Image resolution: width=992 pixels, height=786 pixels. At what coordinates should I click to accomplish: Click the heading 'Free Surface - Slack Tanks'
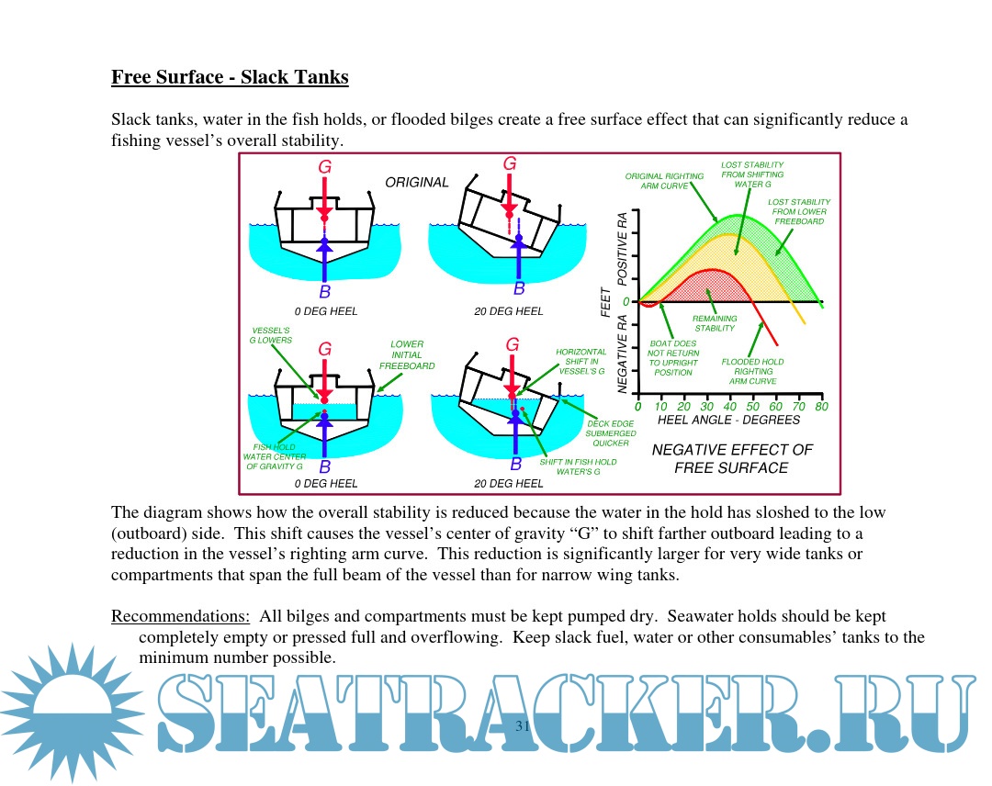tap(230, 77)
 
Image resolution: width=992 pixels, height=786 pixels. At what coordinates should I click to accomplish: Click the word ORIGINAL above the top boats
tap(417, 183)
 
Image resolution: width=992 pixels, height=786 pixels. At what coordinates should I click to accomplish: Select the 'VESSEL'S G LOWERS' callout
tap(271, 334)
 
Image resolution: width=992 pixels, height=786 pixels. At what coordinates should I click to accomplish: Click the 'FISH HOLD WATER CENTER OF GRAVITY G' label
tap(273, 456)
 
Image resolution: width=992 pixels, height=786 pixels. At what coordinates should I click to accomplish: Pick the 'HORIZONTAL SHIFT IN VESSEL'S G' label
tap(581, 362)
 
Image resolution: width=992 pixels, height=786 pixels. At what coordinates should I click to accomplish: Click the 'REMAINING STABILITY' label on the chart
tap(715, 323)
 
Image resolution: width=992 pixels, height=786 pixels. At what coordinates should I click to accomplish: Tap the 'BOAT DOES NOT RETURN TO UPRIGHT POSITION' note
tap(673, 358)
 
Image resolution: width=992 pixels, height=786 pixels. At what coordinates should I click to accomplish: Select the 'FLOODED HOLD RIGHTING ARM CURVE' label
tap(753, 371)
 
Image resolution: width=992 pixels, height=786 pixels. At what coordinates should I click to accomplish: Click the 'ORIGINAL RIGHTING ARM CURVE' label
tap(664, 181)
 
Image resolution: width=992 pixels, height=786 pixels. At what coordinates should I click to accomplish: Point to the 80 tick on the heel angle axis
tap(821, 407)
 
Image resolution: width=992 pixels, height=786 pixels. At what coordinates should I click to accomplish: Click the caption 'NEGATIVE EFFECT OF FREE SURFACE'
tap(732, 459)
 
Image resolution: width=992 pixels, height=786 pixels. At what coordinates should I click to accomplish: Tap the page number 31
tap(524, 727)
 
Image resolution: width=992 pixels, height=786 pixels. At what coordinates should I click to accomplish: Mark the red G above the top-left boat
tap(324, 167)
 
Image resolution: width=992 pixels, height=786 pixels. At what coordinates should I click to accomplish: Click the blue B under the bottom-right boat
tap(515, 465)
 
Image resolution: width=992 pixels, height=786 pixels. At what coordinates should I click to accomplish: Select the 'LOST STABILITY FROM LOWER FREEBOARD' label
tap(799, 212)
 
